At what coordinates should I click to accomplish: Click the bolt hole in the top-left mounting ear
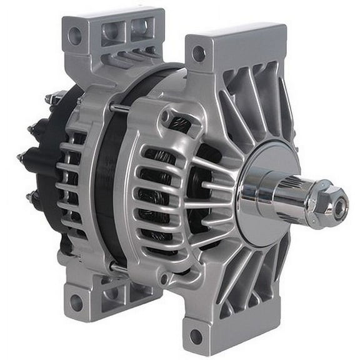75,36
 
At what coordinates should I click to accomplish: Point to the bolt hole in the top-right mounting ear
198,54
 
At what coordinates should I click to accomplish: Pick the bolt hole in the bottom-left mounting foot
76,302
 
